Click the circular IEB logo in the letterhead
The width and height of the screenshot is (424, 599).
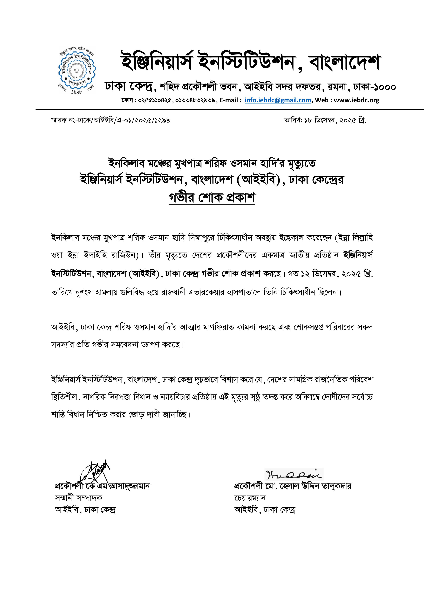[x=77, y=71]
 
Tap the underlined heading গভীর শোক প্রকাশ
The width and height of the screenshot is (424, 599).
[x=212, y=198]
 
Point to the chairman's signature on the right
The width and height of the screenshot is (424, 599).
[x=294, y=474]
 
